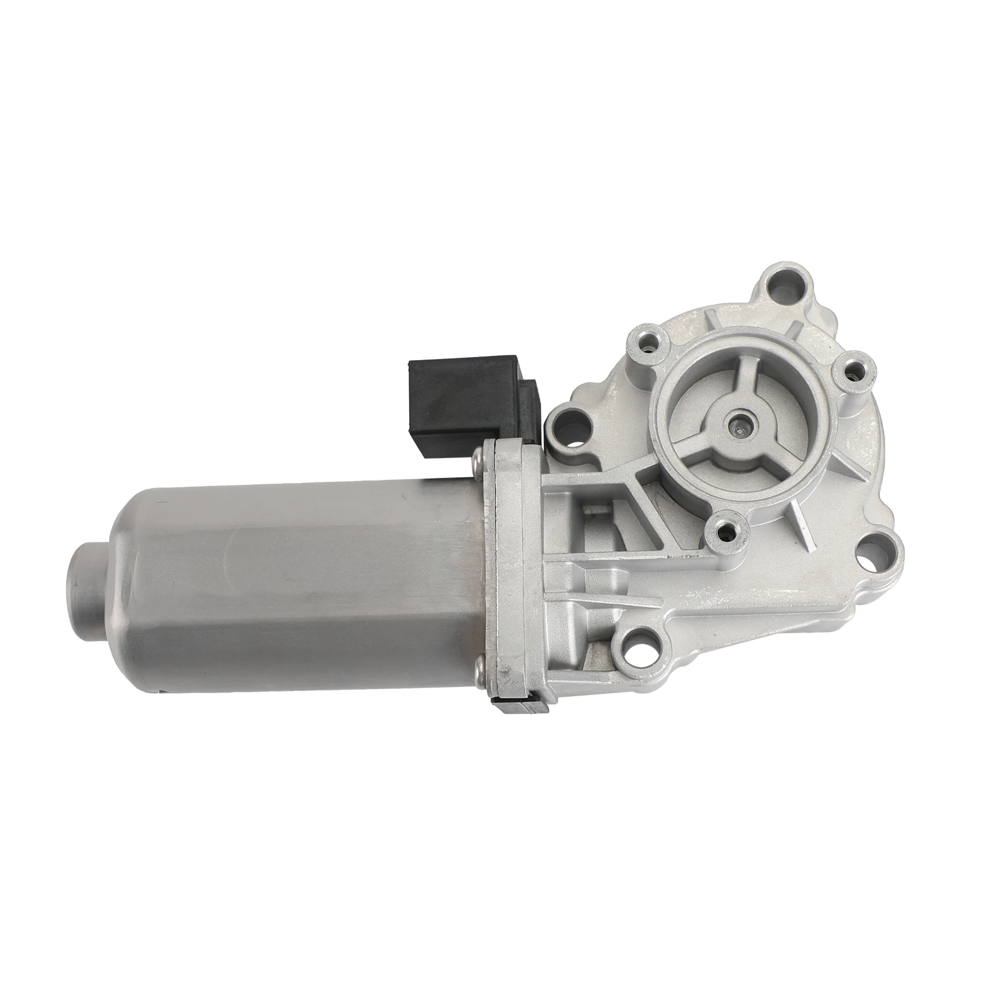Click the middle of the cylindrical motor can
coord(298,570)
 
